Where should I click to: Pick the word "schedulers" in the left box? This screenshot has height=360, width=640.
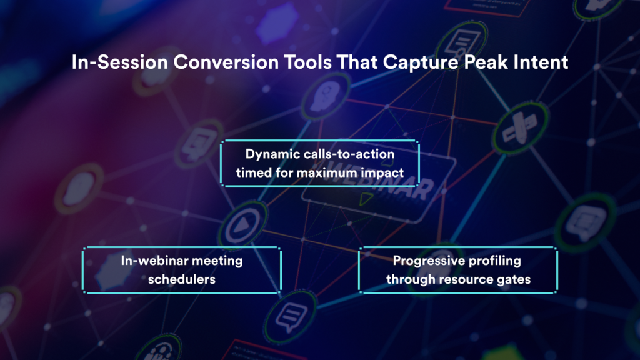click(x=182, y=279)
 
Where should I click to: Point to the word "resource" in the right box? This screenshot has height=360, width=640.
click(x=464, y=279)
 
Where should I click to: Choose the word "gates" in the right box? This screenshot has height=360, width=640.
click(x=514, y=279)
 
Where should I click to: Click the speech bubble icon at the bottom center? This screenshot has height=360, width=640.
click(x=288, y=318)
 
